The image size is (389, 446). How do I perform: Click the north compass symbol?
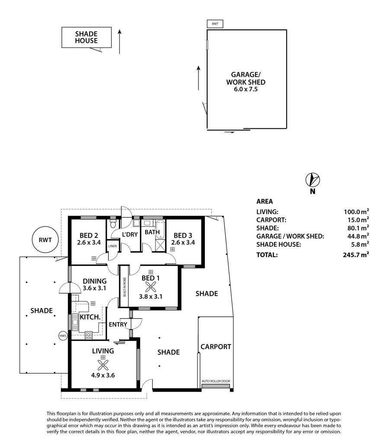click(312, 180)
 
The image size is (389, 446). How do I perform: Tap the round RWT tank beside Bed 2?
click(45, 240)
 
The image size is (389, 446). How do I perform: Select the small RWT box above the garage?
click(215, 24)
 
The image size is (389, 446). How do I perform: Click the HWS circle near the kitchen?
click(63, 336)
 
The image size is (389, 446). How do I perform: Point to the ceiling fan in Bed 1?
click(150, 287)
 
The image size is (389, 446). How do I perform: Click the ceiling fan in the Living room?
click(103, 365)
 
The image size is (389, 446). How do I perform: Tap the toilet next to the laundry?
click(113, 223)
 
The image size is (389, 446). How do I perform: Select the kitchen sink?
click(75, 322)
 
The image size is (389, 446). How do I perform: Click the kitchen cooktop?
click(89, 335)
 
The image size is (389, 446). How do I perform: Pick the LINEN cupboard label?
click(112, 246)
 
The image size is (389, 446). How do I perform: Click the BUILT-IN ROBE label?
click(124, 287)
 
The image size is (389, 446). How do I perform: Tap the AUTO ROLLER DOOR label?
click(216, 381)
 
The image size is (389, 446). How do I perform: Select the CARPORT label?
click(216, 347)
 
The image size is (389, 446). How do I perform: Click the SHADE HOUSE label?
click(86, 37)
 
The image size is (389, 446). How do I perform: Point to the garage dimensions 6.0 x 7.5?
click(246, 89)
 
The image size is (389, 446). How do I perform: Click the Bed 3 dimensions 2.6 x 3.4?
click(183, 242)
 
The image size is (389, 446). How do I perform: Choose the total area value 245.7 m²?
click(356, 255)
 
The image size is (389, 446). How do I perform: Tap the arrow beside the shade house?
click(120, 41)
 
